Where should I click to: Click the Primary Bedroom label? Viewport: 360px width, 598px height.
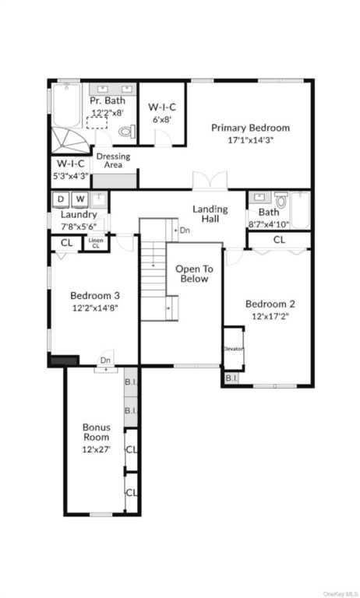tap(250, 128)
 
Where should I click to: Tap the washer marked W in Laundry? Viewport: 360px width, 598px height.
tap(80, 199)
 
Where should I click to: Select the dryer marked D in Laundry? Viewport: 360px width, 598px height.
tap(61, 199)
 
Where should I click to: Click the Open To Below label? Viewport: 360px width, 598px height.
tap(192, 273)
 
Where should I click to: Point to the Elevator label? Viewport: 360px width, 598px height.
tap(234, 349)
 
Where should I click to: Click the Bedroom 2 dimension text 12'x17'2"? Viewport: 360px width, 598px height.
tap(270, 316)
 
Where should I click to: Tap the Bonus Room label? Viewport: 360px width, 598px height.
tap(97, 432)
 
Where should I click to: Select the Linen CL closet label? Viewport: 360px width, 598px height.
tap(96, 243)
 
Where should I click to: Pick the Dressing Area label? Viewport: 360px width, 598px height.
tap(113, 160)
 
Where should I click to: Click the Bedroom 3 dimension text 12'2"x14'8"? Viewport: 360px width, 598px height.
tap(95, 307)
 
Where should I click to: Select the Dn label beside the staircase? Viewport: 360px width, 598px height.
tap(185, 230)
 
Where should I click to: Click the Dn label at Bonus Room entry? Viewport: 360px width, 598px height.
tap(105, 361)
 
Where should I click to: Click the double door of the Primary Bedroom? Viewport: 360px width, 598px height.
tap(210, 181)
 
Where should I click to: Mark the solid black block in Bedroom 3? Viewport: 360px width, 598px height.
tap(64, 361)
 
